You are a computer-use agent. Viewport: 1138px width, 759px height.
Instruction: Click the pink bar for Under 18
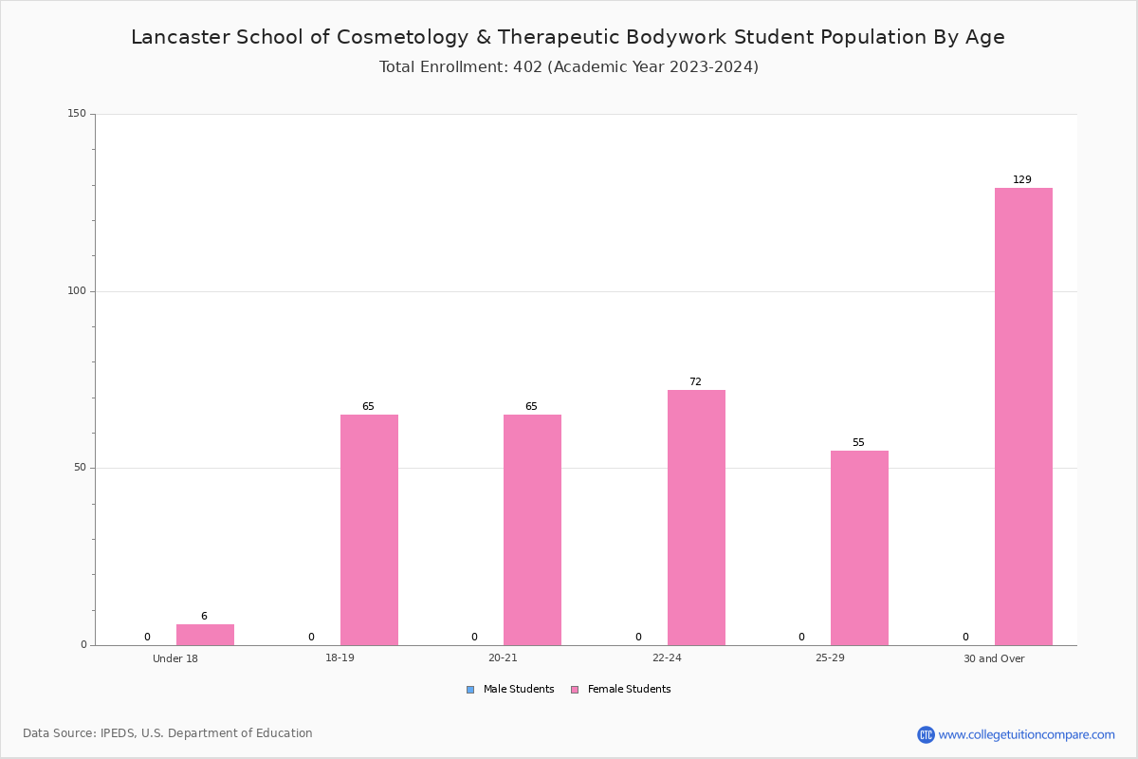pos(205,635)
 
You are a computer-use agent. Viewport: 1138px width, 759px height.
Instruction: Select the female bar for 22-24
pos(696,517)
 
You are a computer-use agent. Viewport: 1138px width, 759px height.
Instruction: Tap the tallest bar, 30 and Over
pos(1023,417)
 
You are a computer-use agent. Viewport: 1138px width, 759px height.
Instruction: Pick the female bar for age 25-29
pos(859,548)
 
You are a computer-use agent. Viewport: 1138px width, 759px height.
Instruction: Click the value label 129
pos(1022,179)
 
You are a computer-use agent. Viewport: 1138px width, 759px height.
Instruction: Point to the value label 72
pos(695,381)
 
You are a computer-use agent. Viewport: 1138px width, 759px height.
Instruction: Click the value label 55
pos(858,442)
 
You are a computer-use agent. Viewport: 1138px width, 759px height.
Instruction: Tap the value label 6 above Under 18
pos(204,616)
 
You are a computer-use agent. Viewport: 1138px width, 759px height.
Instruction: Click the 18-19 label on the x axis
pos(340,657)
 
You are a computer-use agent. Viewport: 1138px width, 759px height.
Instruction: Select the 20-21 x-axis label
pos(503,657)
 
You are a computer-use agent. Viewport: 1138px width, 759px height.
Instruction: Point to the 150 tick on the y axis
pos(77,113)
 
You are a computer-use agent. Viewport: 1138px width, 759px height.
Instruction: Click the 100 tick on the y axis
pos(77,290)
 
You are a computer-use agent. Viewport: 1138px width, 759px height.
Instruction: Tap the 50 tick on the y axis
pos(80,468)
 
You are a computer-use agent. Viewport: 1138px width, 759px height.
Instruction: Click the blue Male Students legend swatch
pos(470,690)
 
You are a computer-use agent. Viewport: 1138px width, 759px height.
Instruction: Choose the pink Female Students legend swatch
pos(575,690)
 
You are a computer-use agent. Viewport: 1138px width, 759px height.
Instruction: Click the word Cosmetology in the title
pos(402,38)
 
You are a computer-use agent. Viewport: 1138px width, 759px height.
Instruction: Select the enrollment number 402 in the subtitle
pos(527,67)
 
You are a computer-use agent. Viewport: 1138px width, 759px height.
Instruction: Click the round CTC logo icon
pos(926,734)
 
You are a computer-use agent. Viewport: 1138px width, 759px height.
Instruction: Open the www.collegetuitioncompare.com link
pos(1026,735)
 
